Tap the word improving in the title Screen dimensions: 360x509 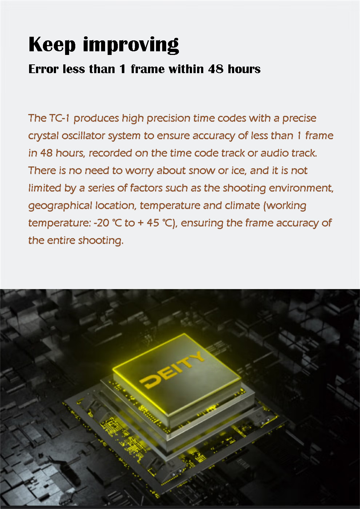(131, 45)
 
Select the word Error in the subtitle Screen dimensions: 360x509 (44, 69)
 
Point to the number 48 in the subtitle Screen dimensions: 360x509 (216, 69)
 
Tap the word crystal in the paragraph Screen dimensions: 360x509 (43, 136)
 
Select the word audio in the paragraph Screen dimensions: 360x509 (274, 153)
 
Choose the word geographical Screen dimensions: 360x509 (60, 206)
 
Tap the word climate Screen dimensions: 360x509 (242, 206)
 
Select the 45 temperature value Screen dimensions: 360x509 (153, 223)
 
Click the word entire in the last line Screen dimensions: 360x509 (61, 240)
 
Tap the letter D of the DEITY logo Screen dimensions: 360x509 (149, 381)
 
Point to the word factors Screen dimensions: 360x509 (146, 188)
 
